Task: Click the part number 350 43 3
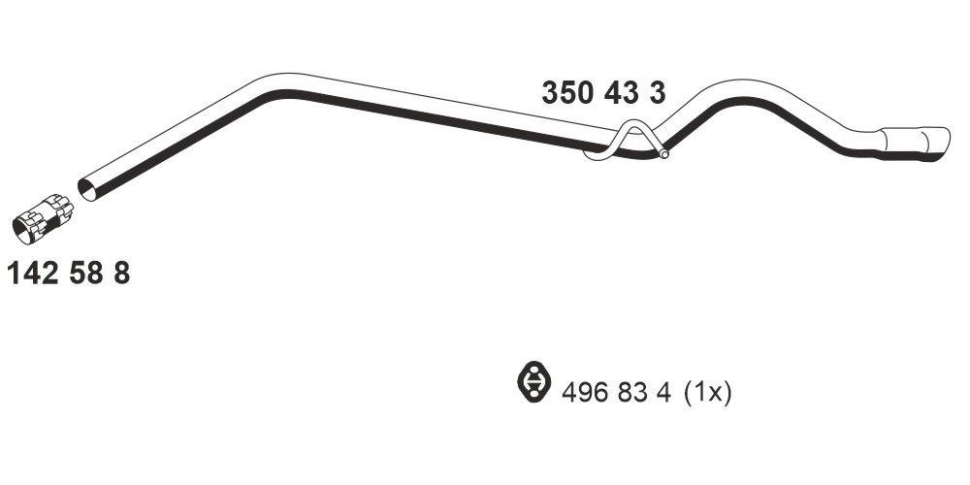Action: (x=603, y=93)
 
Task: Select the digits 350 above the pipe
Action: (x=568, y=93)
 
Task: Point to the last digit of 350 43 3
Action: (x=657, y=93)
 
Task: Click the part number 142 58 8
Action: (x=69, y=273)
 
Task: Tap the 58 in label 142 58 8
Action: (x=86, y=273)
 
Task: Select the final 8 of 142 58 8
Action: (x=122, y=273)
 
